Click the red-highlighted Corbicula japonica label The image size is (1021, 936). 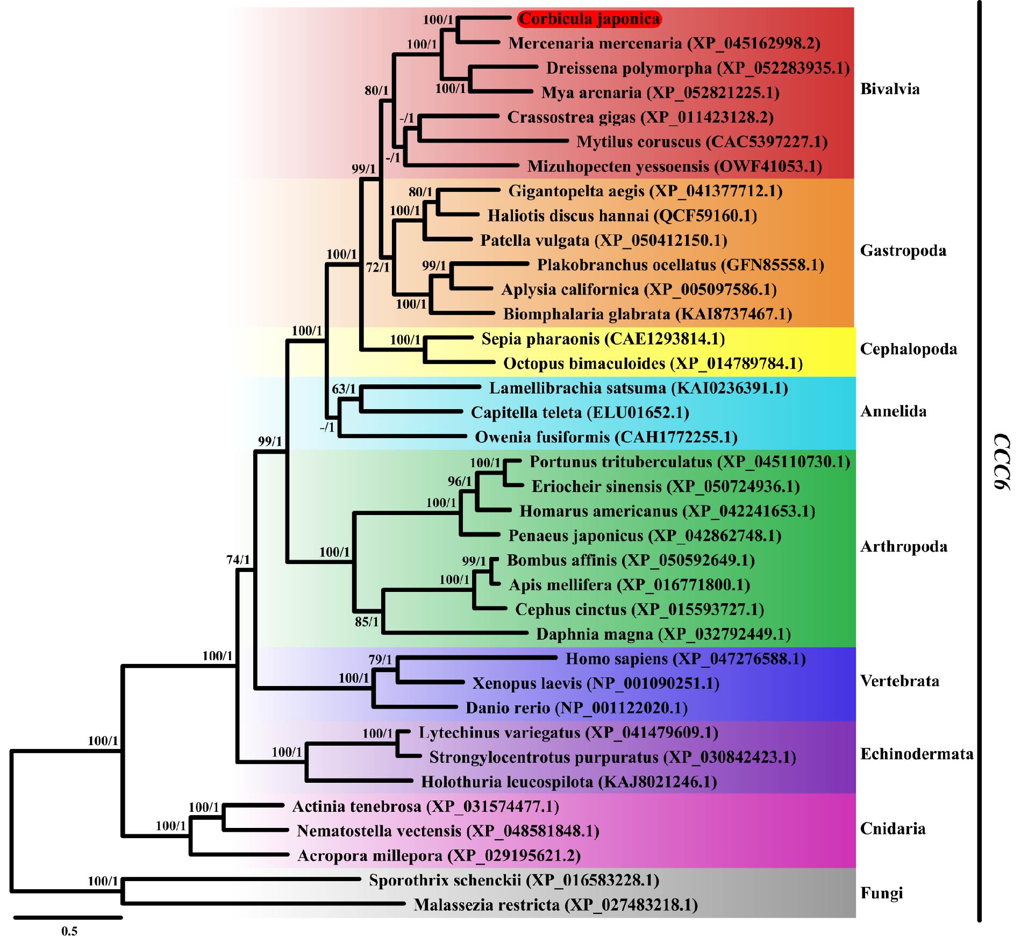589,19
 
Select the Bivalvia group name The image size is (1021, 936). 890,89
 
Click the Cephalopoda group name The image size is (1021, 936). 909,349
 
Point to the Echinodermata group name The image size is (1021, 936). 917,754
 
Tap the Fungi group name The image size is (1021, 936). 881,893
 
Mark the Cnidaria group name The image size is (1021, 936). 893,828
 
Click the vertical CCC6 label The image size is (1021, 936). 1001,462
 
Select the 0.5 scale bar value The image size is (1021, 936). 69,931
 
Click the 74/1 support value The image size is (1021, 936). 238,560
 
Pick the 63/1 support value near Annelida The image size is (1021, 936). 344,389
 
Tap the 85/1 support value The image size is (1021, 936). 367,622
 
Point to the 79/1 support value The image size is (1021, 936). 380,660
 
